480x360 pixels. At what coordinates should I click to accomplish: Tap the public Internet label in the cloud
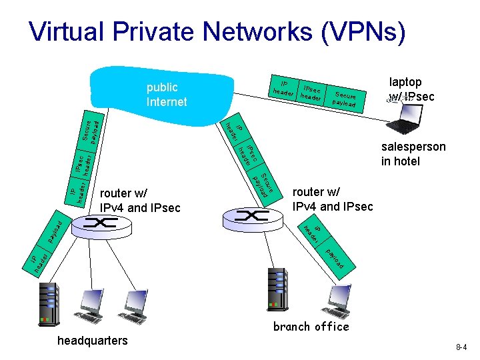[167, 95]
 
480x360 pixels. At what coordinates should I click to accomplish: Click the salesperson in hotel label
[413, 154]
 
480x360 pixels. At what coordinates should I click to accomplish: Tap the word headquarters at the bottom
[92, 341]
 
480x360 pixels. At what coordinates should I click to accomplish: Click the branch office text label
[311, 327]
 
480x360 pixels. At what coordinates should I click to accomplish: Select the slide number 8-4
[461, 347]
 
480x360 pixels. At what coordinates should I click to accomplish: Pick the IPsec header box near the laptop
[312, 93]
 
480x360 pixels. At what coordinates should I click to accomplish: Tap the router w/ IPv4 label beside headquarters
[140, 201]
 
